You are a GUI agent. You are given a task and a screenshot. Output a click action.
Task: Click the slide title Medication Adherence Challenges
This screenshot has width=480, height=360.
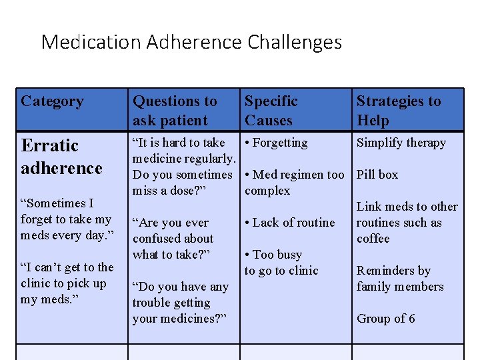(191, 43)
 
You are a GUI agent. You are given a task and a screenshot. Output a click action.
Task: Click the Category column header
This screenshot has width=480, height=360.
(53, 101)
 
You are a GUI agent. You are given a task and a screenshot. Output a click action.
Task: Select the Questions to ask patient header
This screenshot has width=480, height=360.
(175, 111)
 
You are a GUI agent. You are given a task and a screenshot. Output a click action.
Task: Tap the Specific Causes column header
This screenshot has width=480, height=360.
(271, 111)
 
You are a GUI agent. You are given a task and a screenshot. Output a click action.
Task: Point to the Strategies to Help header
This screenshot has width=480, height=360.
(399, 111)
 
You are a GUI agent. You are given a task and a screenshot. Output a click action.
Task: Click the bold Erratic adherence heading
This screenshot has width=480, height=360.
(61, 157)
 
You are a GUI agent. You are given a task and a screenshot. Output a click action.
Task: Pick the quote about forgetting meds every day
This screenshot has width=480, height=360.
(66, 219)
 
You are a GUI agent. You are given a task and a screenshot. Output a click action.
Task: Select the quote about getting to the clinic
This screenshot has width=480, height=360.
(67, 283)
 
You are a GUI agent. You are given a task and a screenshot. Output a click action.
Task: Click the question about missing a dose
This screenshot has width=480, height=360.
(183, 167)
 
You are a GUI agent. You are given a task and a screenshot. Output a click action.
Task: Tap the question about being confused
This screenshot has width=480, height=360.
(173, 239)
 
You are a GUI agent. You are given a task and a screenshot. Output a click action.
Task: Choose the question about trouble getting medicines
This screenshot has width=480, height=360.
(181, 303)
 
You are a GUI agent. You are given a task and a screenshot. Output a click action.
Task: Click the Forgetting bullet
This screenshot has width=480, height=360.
(276, 143)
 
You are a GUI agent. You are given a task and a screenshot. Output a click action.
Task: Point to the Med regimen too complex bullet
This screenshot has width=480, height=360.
(294, 183)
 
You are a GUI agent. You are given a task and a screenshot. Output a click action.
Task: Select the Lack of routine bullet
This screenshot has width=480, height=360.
(289, 223)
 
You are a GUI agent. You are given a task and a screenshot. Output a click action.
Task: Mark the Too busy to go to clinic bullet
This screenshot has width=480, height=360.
(281, 263)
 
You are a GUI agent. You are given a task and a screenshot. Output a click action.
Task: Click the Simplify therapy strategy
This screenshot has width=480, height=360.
(401, 143)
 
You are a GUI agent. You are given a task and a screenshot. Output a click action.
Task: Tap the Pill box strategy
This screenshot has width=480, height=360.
(377, 175)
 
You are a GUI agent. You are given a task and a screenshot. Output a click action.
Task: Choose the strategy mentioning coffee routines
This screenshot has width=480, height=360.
(407, 223)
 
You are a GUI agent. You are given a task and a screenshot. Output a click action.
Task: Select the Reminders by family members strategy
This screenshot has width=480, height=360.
(400, 279)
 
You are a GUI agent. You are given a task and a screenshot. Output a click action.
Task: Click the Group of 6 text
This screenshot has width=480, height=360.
(386, 319)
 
